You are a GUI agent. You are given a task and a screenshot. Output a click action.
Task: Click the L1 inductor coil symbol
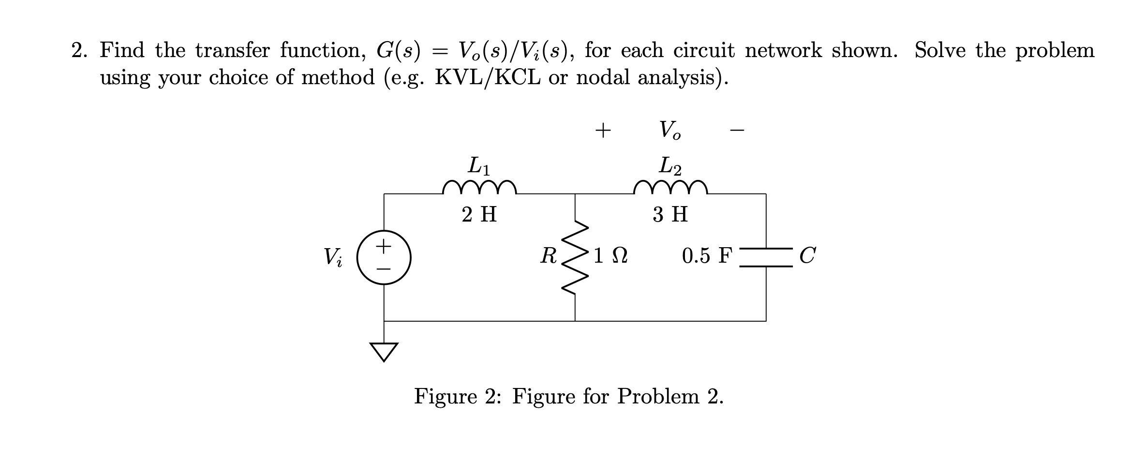click(x=479, y=188)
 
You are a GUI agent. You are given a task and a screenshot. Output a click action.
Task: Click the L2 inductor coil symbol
click(x=670, y=188)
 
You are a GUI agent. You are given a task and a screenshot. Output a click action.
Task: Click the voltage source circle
click(x=384, y=257)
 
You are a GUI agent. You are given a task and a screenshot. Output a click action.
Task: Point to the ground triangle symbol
click(x=384, y=351)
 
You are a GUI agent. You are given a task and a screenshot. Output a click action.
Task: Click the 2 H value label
click(x=479, y=214)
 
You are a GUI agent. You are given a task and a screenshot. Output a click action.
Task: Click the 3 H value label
click(x=670, y=214)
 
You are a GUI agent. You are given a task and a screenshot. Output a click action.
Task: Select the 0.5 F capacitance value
click(x=707, y=255)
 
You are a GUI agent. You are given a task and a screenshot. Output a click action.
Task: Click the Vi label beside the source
click(x=333, y=257)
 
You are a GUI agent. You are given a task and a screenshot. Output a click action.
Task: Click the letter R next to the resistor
click(x=549, y=255)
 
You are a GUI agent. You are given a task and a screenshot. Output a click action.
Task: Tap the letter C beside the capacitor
click(x=807, y=255)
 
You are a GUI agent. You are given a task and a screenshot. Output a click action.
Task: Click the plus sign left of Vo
click(x=603, y=130)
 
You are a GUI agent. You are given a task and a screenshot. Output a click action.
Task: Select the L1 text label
click(x=479, y=166)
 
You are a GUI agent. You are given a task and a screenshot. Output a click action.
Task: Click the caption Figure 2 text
click(x=569, y=397)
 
